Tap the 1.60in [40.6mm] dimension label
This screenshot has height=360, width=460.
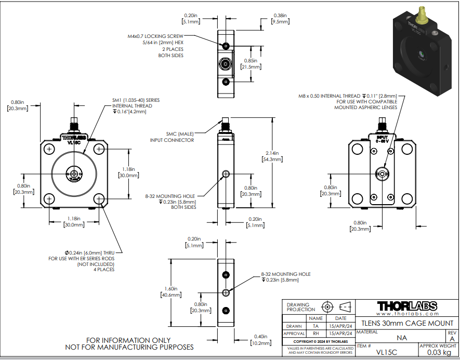pyautogui.click(x=171, y=292)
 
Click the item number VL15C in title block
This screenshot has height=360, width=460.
pyautogui.click(x=386, y=351)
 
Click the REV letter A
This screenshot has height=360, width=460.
pyautogui.click(x=452, y=339)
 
